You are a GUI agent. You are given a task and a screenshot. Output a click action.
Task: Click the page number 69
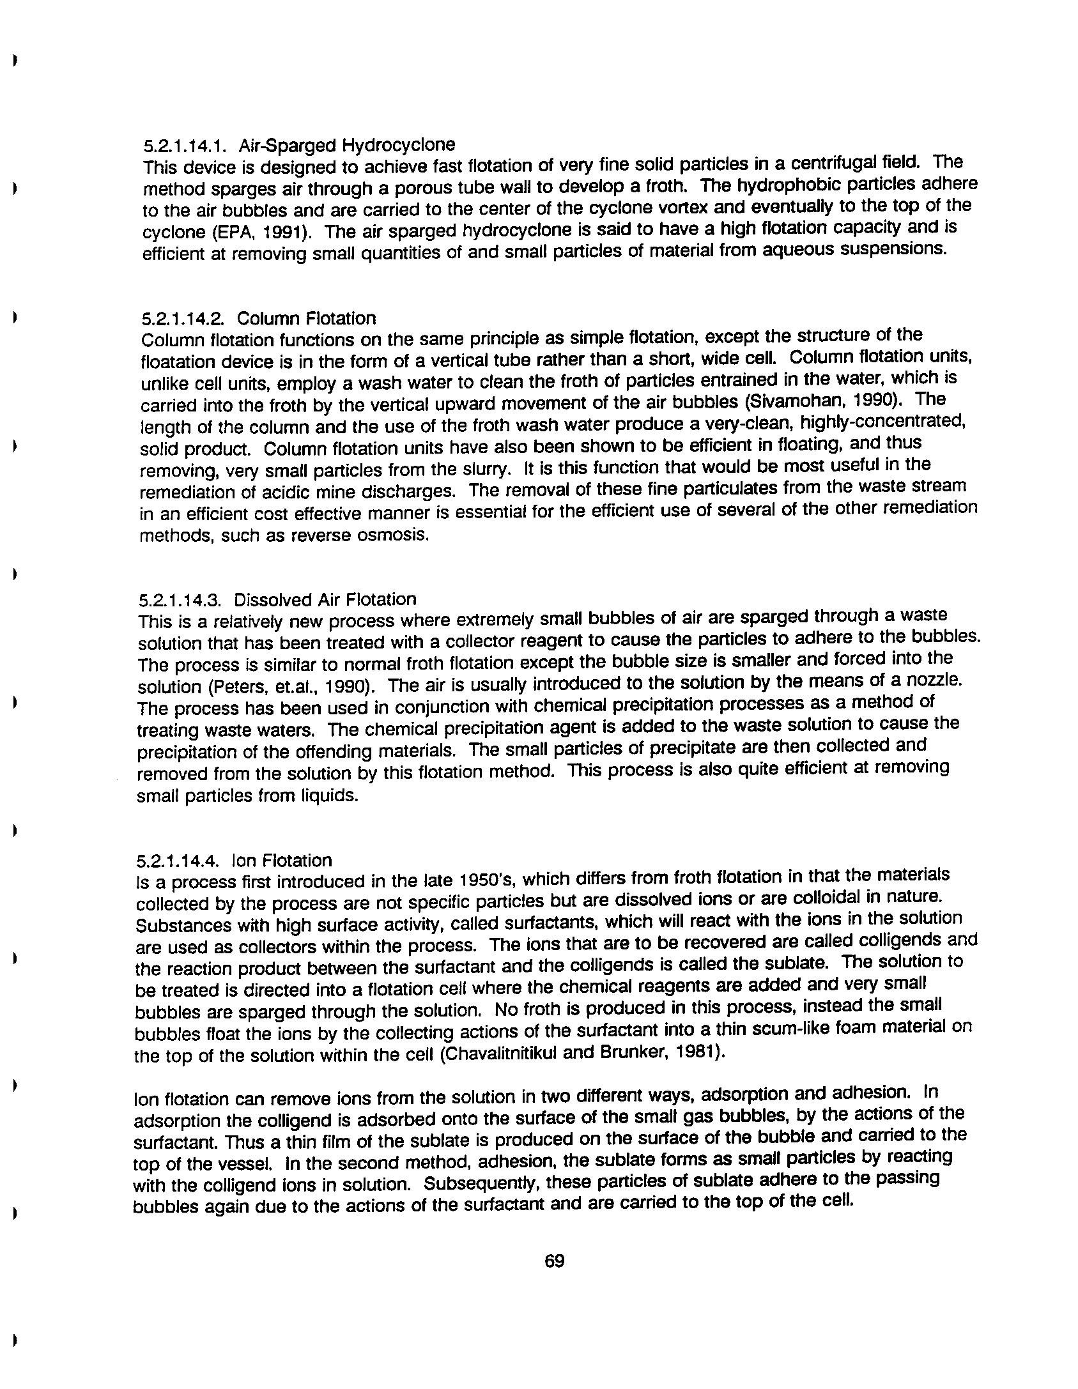(x=554, y=1261)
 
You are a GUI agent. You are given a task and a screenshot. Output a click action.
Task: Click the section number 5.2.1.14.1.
(x=186, y=146)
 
